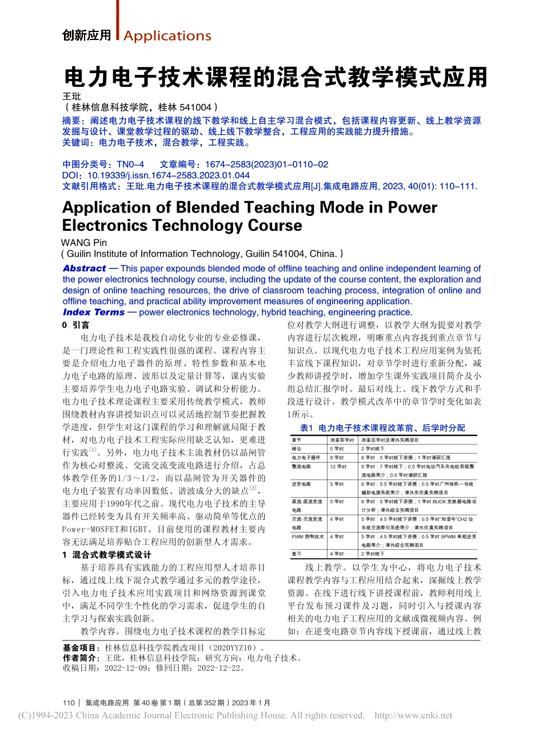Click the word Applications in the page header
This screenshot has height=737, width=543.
click(x=167, y=36)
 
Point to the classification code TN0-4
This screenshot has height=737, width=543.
click(x=130, y=165)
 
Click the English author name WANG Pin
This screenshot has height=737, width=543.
click(x=84, y=243)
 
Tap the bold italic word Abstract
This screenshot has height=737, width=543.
click(x=85, y=269)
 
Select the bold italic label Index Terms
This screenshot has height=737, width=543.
click(x=94, y=312)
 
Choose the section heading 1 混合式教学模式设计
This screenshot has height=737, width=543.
click(x=107, y=555)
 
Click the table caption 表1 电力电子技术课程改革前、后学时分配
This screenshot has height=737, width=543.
click(x=382, y=427)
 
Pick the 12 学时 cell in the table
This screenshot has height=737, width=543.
click(x=338, y=467)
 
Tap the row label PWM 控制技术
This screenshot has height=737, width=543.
click(x=308, y=537)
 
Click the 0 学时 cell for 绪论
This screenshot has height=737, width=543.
click(x=337, y=449)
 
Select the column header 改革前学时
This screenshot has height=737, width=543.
click(x=342, y=440)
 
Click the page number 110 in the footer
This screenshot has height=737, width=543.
click(x=69, y=703)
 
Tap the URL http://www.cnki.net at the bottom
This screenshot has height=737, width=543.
click(x=413, y=715)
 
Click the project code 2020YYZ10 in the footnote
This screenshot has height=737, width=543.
click(x=235, y=648)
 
